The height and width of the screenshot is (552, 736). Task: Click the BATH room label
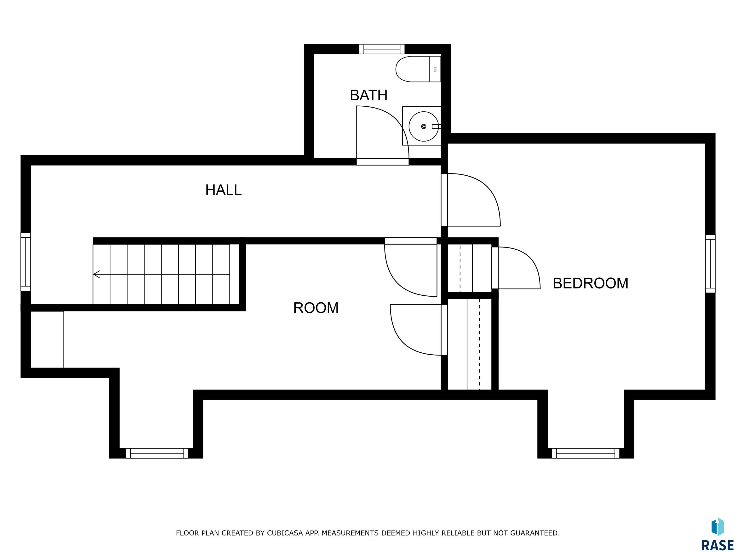pos(369,96)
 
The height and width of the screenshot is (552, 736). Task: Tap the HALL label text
pos(223,190)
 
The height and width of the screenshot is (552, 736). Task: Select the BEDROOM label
pos(590,283)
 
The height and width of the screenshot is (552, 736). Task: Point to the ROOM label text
pos(316,308)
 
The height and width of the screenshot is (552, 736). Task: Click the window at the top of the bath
pos(382,49)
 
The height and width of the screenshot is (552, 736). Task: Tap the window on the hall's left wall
pos(26,262)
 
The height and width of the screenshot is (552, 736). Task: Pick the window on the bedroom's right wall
pos(710,264)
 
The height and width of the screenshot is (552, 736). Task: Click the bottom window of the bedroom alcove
pos(586,453)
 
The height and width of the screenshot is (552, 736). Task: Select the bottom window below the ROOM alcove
pos(157,453)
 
